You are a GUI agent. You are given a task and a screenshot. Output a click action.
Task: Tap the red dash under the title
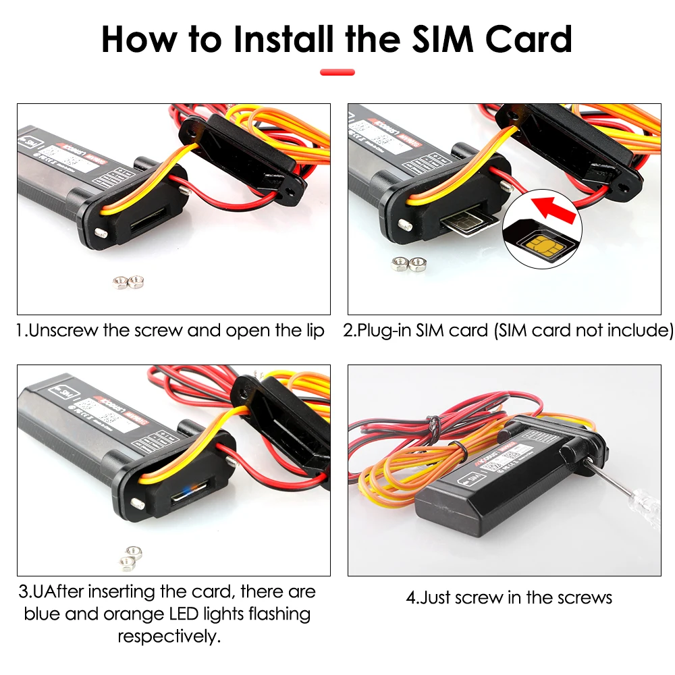[337, 72]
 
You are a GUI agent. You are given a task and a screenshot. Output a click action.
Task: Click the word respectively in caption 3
[169, 637]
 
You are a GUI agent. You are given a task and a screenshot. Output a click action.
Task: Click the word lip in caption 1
[314, 331]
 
